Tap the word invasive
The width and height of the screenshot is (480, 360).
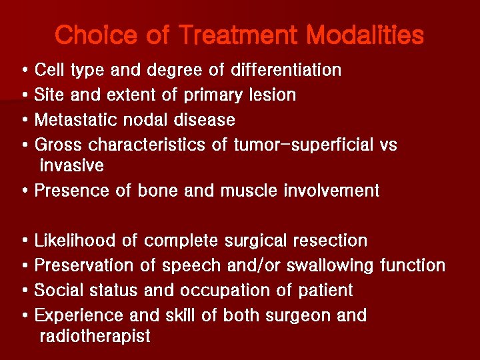click(71, 165)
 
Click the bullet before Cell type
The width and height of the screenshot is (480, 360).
click(25, 71)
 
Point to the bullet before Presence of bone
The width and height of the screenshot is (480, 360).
click(25, 191)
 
